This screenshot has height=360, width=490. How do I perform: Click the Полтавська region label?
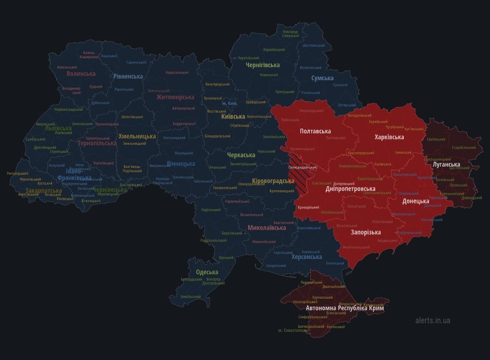point(315,131)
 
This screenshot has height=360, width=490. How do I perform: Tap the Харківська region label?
point(389,137)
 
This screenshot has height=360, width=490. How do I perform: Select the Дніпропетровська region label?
point(350,189)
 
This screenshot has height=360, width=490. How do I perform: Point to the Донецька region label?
point(416,201)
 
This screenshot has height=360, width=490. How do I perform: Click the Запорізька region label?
point(366,232)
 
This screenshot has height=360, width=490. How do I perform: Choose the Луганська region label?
point(446,164)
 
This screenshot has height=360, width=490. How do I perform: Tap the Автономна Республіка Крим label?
point(345,308)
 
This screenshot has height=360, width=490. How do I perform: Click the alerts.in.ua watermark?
point(432,321)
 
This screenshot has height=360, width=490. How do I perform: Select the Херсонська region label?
point(307,257)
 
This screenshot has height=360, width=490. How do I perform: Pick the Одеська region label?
point(207,272)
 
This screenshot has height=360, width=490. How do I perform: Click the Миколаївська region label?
point(267,228)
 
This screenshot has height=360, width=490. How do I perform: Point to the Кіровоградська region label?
point(273,181)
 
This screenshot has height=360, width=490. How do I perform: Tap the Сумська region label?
point(322,79)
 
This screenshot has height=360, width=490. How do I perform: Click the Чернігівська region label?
point(262,65)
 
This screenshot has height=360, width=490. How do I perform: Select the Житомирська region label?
point(175,97)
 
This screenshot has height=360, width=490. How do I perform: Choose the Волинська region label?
point(81,74)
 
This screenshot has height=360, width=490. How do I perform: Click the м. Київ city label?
point(229,104)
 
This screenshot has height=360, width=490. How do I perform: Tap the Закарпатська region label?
point(44,191)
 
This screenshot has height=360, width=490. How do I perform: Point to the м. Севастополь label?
point(293,330)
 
